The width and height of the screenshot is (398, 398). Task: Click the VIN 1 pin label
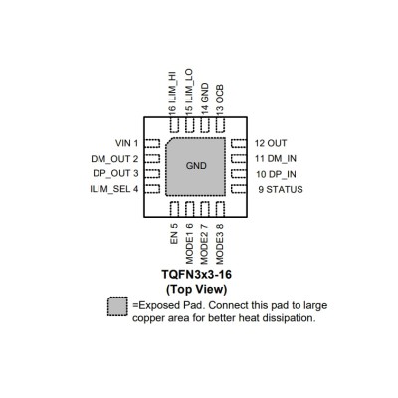[126, 143]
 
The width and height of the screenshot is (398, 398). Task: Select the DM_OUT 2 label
[114, 159]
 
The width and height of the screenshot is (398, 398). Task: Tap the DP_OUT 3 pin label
[115, 173]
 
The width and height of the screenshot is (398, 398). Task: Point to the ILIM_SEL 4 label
[114, 189]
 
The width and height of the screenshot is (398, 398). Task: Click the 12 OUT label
[271, 143]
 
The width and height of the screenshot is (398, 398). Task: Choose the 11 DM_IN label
[276, 159]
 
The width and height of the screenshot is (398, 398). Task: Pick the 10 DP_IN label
[276, 174]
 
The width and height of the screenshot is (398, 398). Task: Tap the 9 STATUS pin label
[281, 189]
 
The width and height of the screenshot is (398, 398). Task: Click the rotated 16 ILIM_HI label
[172, 94]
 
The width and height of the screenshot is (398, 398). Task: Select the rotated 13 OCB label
[220, 99]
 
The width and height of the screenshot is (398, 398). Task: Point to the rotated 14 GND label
[205, 99]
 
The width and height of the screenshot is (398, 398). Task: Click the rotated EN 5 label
[174, 234]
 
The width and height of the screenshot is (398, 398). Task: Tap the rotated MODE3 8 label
[220, 244]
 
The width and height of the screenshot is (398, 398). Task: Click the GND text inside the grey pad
[196, 166]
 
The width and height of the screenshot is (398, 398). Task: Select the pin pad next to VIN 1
[153, 143]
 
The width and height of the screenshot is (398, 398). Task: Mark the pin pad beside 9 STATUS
[238, 189]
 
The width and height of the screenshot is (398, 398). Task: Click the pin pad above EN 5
[174, 209]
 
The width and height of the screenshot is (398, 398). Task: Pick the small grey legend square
[117, 306]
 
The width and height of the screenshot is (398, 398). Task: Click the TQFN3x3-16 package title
[196, 275]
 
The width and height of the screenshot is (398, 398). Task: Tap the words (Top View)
[196, 289]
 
